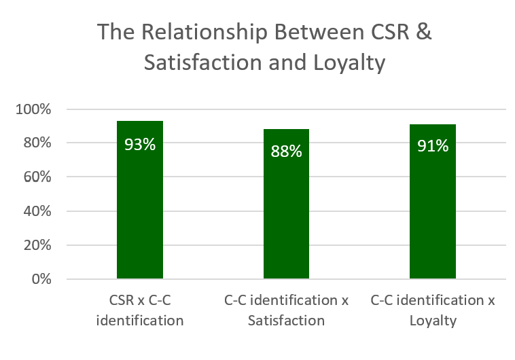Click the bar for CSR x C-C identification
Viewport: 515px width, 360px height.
(x=140, y=204)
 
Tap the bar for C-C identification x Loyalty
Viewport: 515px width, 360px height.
(x=433, y=211)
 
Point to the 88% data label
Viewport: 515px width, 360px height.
(x=287, y=151)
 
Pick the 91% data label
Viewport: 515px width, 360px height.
(x=433, y=146)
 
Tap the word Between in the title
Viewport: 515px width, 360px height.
(x=309, y=32)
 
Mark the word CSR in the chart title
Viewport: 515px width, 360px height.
(x=387, y=32)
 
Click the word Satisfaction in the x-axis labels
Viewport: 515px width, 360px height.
(x=286, y=320)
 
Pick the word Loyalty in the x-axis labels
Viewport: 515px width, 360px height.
(x=433, y=320)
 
